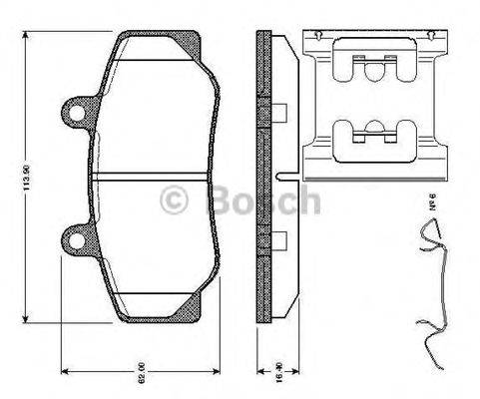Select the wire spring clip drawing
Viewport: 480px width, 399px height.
pos(433,289)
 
